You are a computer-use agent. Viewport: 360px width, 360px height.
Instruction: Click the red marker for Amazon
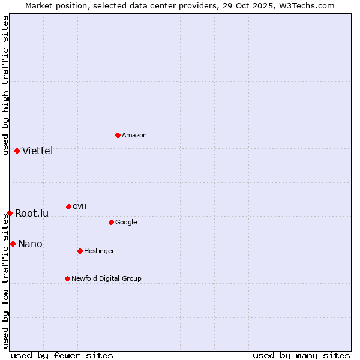coord(118,135)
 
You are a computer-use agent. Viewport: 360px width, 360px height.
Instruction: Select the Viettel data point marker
coord(17,151)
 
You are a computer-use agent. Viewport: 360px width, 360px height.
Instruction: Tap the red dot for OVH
coord(68,206)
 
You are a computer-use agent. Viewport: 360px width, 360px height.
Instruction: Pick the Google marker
coord(111,222)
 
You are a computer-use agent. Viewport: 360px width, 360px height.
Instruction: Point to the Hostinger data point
coord(80,251)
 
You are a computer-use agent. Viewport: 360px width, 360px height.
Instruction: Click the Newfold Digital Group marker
coord(67,278)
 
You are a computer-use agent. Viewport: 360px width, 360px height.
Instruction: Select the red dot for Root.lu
coord(10,213)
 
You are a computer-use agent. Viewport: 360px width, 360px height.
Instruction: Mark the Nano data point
coord(13,244)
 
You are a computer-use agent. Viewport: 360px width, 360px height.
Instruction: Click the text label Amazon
coord(134,136)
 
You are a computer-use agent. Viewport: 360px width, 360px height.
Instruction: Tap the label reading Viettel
coord(38,151)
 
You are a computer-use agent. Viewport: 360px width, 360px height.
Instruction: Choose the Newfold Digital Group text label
coord(107,278)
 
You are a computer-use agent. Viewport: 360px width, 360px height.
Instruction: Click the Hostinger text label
coord(99,251)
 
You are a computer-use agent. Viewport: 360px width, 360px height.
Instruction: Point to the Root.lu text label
coord(32,214)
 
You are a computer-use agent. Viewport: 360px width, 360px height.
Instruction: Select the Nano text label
coord(30,244)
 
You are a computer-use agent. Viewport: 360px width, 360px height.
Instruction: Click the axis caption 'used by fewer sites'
coord(62,355)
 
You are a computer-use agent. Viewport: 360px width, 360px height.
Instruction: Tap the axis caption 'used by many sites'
coord(301,355)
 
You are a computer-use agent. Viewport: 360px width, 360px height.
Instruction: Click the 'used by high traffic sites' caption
coord(5,85)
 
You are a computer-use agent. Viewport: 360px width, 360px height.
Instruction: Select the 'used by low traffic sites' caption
coord(5,281)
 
